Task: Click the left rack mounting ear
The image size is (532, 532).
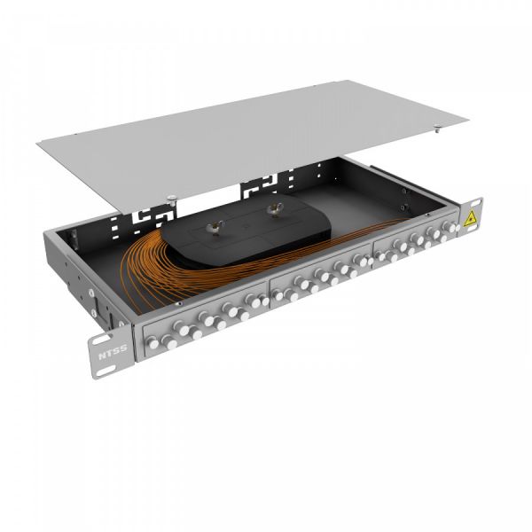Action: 100,340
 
